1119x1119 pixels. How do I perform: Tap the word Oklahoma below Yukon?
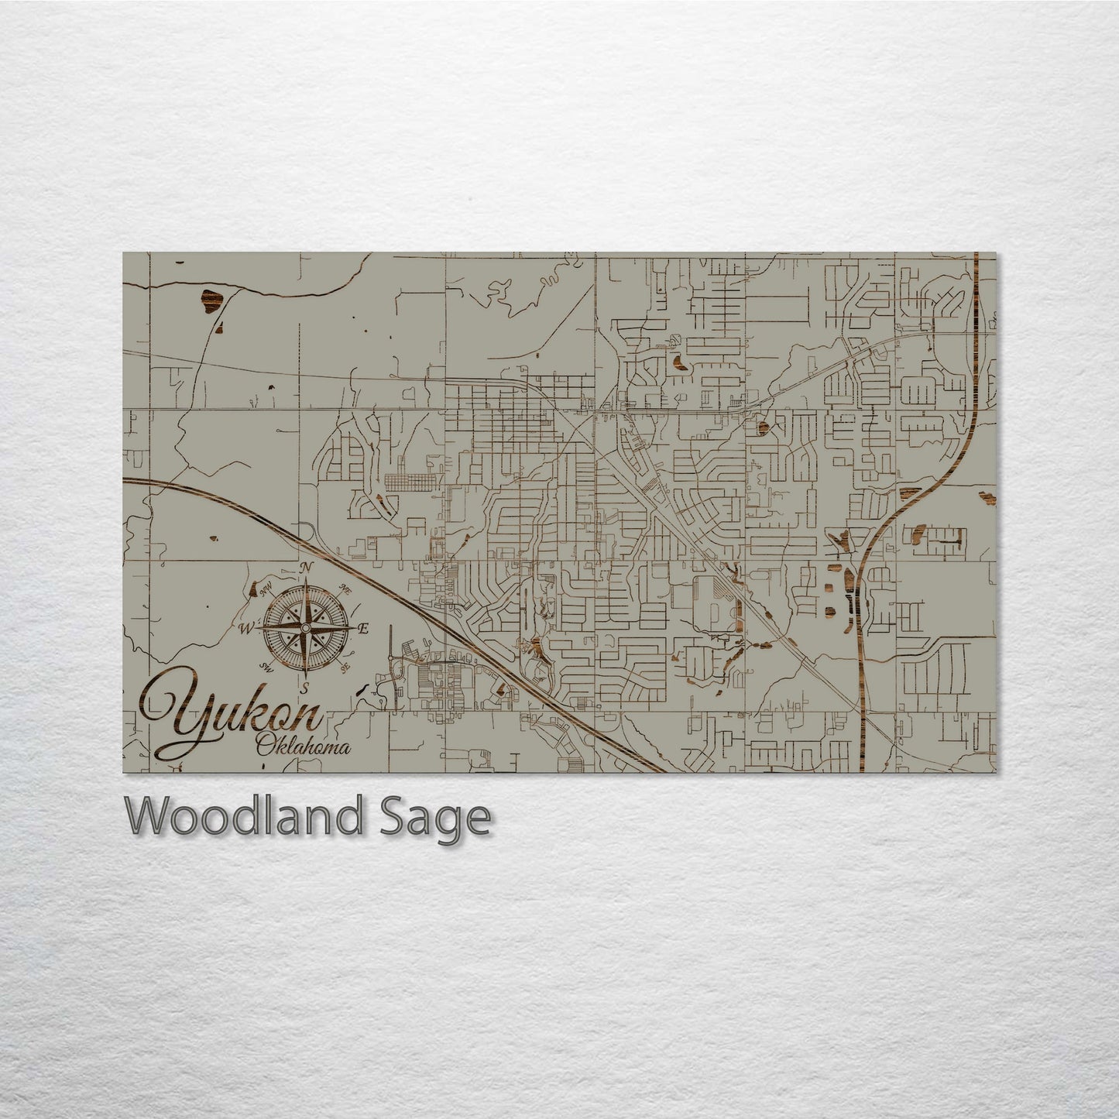tap(303, 747)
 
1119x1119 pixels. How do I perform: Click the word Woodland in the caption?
tap(245, 817)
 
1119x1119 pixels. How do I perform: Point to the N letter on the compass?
tap(307, 567)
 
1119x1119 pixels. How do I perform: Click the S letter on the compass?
tap(305, 686)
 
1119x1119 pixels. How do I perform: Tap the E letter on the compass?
tap(365, 628)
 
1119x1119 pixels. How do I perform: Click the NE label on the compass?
tap(345, 591)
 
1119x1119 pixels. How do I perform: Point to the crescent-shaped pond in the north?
tap(678, 361)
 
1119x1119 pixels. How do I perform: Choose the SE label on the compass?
tap(346, 664)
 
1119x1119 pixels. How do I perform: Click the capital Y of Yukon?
tap(174, 716)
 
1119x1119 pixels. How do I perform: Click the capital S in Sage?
tap(390, 817)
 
